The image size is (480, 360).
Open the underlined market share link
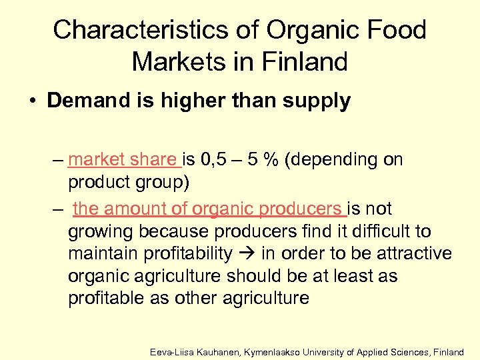point(123,160)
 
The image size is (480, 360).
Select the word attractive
point(413,255)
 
